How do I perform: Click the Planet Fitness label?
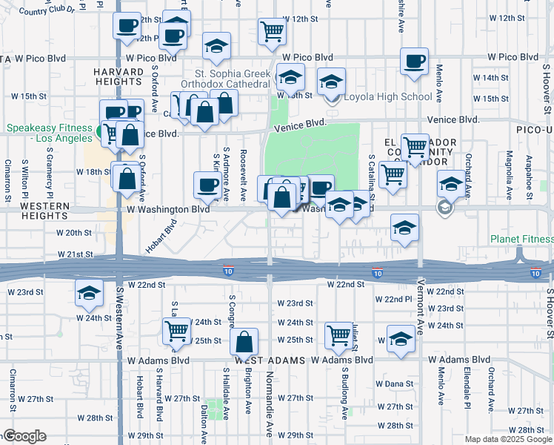coord(522,240)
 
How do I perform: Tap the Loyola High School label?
coord(384,96)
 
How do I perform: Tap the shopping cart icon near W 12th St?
coord(272,31)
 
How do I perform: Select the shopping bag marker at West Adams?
coord(244,342)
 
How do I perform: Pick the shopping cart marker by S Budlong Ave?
coord(338,334)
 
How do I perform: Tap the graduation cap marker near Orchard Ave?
coord(450,182)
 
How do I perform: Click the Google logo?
coord(24,436)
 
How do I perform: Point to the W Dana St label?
coord(393,383)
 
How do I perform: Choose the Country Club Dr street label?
coord(47,11)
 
